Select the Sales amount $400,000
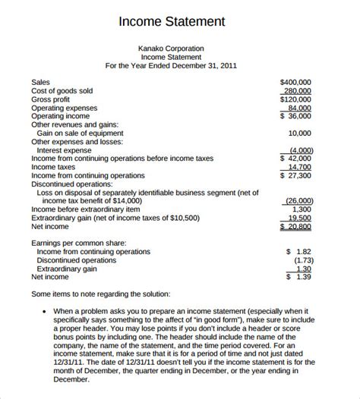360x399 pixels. click(298, 81)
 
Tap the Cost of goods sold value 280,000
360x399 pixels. click(299, 90)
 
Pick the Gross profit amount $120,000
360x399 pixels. click(298, 99)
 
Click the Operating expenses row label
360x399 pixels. click(64, 108)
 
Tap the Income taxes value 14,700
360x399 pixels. click(302, 167)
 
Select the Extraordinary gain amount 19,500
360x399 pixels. click(302, 217)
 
